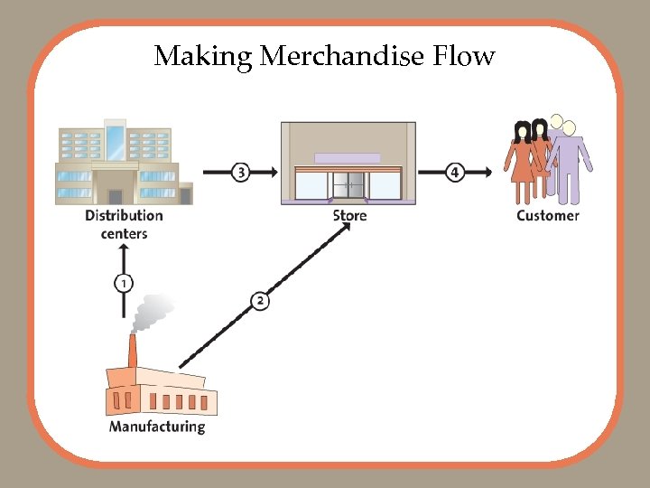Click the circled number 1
[x=124, y=284]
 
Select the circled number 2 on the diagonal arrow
[x=260, y=301]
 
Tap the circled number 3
[x=240, y=172]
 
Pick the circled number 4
[x=456, y=172]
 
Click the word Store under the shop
[x=349, y=216]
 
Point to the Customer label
[x=548, y=216]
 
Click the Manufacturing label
[x=157, y=426]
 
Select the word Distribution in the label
[x=124, y=216]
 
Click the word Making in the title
[x=204, y=56]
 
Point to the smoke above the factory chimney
[x=153, y=313]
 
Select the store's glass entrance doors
[x=348, y=185]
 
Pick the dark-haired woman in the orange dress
[x=522, y=163]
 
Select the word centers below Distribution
[x=124, y=234]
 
